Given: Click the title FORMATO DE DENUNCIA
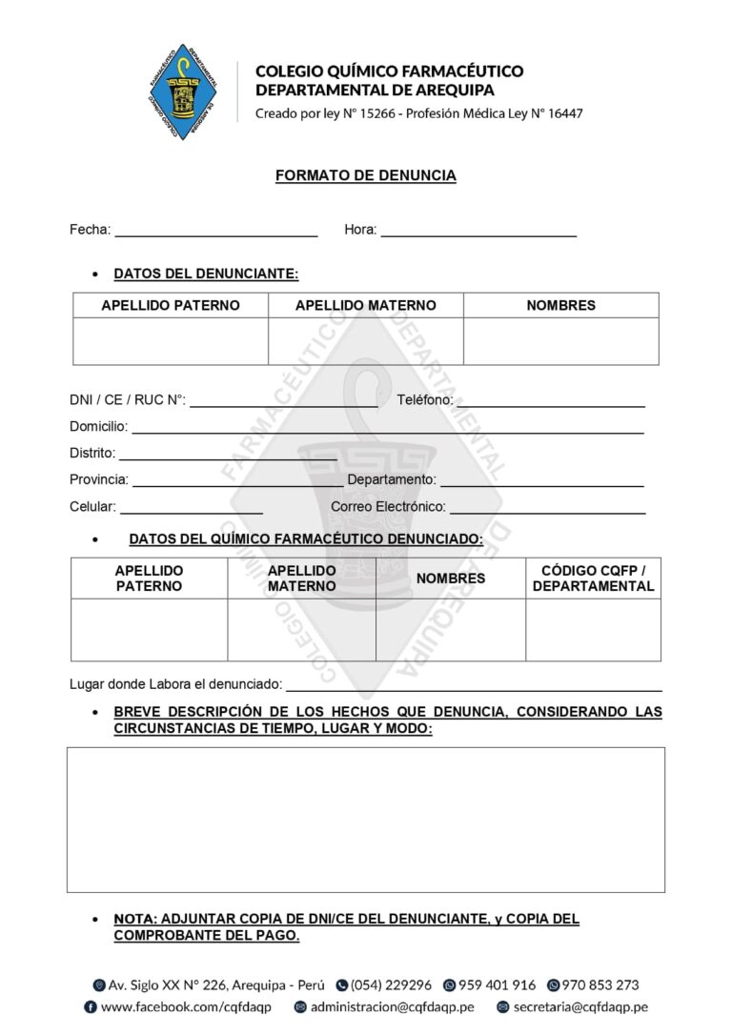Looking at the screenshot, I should (365, 175).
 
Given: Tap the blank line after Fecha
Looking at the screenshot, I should (215, 232).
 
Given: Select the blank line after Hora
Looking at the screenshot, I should (478, 232).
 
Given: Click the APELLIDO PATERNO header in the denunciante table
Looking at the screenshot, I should (171, 306).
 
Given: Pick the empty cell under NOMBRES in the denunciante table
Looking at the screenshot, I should (560, 341).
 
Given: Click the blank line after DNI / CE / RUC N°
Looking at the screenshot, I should (283, 402).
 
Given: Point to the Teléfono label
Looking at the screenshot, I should (424, 400).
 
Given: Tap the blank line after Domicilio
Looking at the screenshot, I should (387, 429).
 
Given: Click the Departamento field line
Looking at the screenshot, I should (541, 482).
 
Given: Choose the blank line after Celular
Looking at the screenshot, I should (191, 509).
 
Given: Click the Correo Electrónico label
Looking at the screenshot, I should (388, 507).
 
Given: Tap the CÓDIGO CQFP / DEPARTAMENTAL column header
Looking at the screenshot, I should (593, 578).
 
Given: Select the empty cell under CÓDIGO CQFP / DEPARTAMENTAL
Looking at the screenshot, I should (593, 630).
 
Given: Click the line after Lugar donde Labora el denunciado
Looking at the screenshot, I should (474, 686).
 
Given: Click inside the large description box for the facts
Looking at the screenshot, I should (365, 820).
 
